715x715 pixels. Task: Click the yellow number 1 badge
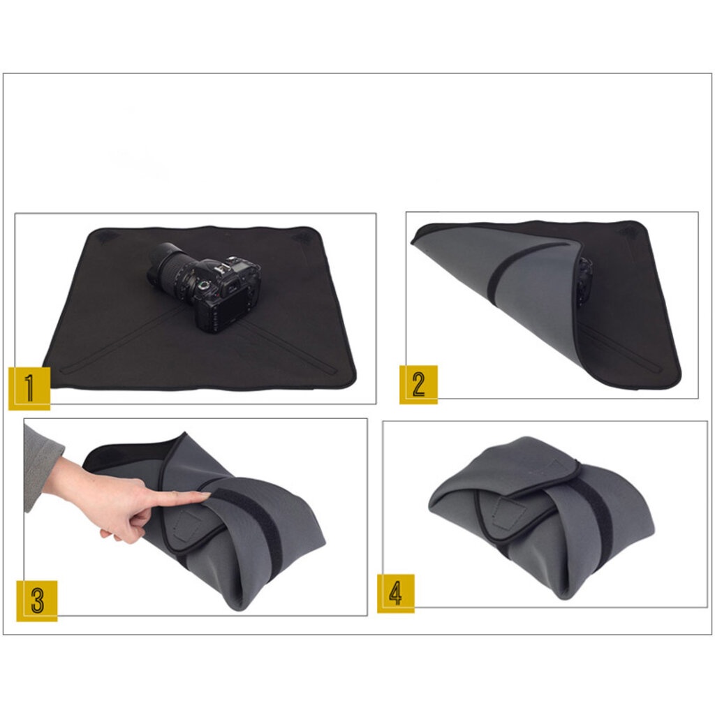pyautogui.click(x=29, y=388)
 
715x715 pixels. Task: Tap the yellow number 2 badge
pyautogui.click(x=419, y=385)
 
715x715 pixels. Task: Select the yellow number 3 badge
pyautogui.click(x=37, y=600)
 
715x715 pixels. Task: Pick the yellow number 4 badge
pyautogui.click(x=396, y=594)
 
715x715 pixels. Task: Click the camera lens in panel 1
pyautogui.click(x=169, y=266)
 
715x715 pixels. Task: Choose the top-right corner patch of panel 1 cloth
pyautogui.click(x=302, y=237)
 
